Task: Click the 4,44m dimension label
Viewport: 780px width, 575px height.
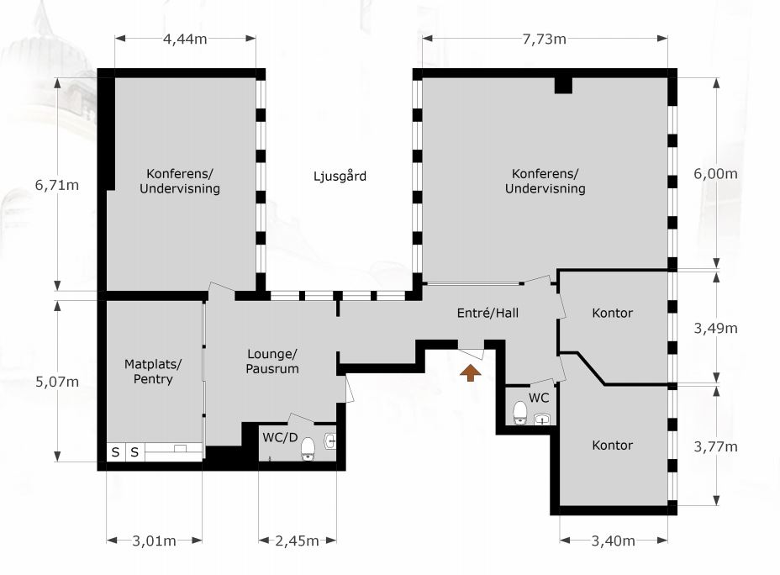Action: tap(185, 39)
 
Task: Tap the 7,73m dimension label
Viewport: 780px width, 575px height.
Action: tap(544, 39)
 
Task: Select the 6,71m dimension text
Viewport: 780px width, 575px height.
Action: tap(56, 185)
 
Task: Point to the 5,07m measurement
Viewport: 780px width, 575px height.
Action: tap(56, 382)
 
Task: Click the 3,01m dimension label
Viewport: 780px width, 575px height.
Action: tap(154, 541)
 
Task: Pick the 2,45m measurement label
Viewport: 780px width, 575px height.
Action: tap(297, 541)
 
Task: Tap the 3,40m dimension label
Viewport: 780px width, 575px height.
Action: tap(613, 541)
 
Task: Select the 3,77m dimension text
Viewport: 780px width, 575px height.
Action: tap(716, 446)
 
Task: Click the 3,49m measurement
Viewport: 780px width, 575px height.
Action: tap(716, 329)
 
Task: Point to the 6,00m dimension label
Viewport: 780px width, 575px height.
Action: tap(716, 174)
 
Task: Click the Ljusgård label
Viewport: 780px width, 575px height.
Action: tap(340, 176)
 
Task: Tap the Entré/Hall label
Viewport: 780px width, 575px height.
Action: tap(487, 313)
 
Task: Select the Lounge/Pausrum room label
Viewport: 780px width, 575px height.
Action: tap(272, 361)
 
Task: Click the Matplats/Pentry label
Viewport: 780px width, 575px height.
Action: tap(153, 372)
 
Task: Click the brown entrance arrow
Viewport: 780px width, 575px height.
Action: tap(470, 373)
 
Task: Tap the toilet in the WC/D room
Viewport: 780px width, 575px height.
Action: tap(308, 449)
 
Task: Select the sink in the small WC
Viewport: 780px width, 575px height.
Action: tap(542, 419)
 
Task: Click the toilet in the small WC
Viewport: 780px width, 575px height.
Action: tap(519, 413)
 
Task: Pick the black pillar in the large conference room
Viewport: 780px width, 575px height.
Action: tap(564, 86)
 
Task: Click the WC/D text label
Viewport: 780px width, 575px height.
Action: tap(280, 438)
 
